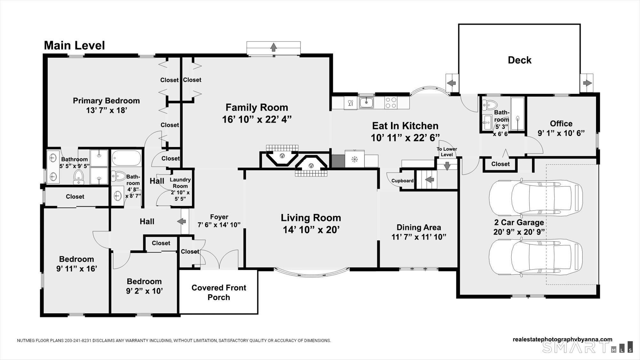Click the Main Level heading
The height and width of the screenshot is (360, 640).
pos(74,45)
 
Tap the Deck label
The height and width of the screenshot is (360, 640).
pos(519,60)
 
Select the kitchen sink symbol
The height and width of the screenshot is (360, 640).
pos(366,103)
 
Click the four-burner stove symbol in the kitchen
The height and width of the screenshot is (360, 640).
pos(391,103)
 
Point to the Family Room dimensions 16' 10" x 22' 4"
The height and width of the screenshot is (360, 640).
pos(257,119)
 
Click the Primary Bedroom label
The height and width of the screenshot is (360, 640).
pos(106,101)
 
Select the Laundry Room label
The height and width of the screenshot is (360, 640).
pos(180,183)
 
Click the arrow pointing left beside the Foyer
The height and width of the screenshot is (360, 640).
pos(182,221)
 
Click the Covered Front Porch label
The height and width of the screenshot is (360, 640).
pos(219,292)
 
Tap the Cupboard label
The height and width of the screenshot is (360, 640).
pos(402,181)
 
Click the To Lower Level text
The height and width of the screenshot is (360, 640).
pos(447,152)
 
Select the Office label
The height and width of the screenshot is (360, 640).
pos(561,124)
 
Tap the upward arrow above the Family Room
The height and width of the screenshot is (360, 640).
pos(273,47)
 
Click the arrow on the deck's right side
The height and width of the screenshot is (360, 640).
pos(587,83)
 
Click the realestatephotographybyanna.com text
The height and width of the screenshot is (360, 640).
pos(562,340)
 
